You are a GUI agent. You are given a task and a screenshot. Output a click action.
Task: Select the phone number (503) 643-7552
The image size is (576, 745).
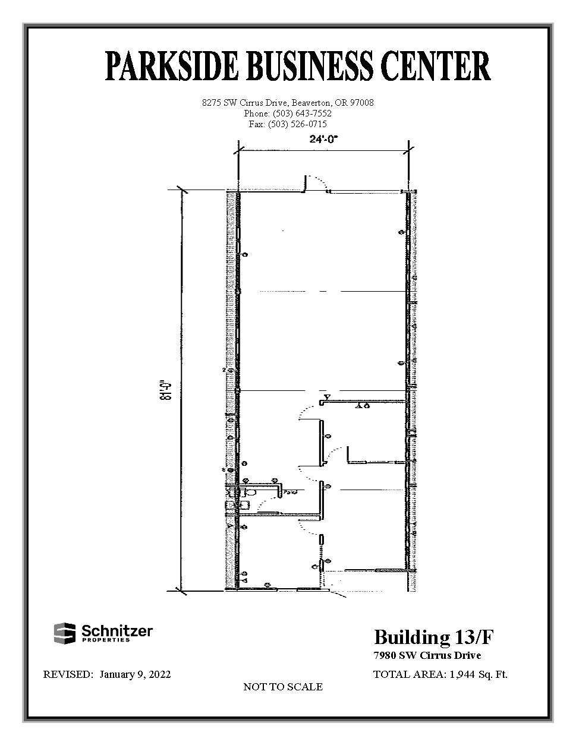pos(302,113)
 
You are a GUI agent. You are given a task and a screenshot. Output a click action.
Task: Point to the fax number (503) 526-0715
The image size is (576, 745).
pos(297,124)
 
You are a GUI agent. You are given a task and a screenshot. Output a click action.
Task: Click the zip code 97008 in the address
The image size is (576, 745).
pos(362,103)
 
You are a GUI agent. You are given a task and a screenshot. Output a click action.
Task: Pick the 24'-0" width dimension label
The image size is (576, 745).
pos(323,141)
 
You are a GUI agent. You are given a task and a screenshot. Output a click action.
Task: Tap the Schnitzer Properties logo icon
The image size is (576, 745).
pos(65,633)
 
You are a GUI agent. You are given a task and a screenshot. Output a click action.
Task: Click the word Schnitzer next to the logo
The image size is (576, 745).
pos(117,630)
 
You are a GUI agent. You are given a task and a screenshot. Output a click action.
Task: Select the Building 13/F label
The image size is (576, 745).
pos(433,637)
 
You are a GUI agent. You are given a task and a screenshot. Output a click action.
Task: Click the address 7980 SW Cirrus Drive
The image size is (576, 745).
pos(427,656)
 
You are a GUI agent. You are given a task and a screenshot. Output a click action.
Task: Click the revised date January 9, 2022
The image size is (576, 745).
pos(135,674)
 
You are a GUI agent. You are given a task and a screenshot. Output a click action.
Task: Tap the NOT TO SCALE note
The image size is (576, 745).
pos(283,687)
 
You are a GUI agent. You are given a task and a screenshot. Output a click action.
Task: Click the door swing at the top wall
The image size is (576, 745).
pos(319,183)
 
